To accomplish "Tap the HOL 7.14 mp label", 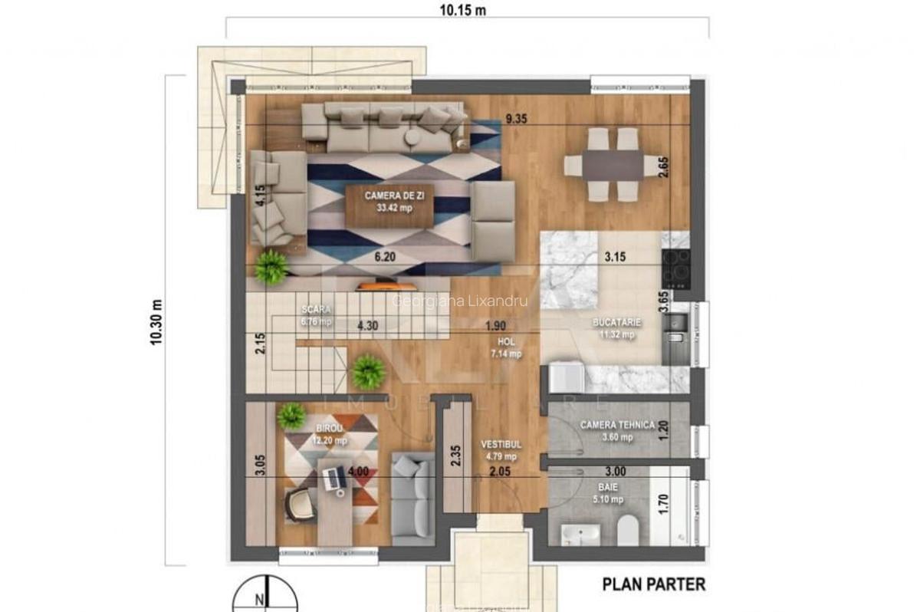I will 506,349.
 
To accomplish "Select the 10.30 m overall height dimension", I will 156,321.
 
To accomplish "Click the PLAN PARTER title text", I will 653,584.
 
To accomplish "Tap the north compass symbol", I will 262,598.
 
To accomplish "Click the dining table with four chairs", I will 604,164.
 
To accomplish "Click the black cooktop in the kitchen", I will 675,269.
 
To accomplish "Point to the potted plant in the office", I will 291,416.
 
